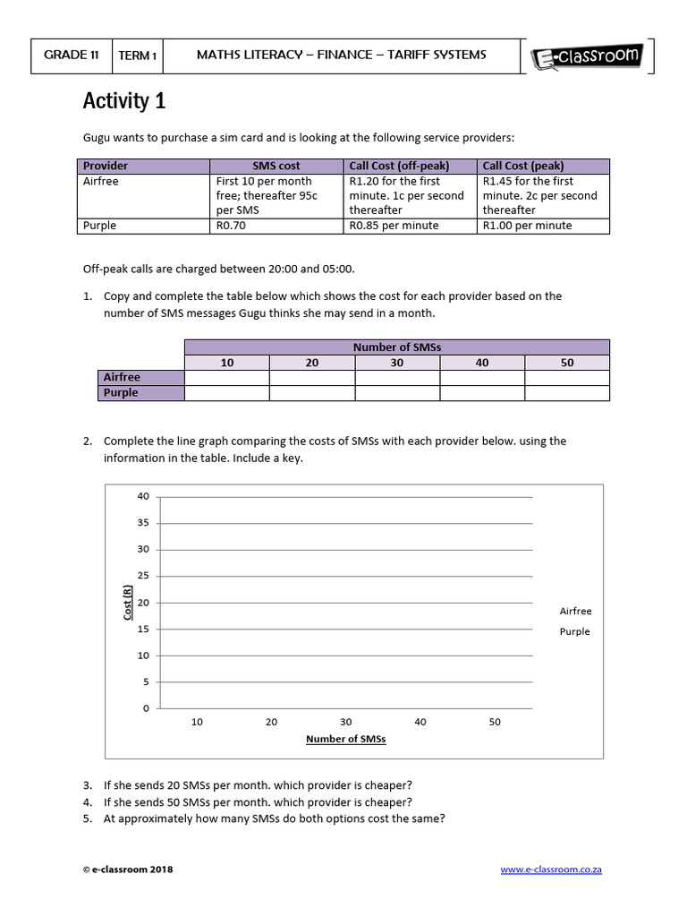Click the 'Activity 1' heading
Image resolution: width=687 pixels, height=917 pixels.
point(124,101)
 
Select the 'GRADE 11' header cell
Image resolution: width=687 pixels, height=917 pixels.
point(72,55)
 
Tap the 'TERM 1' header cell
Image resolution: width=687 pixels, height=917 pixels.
point(138,56)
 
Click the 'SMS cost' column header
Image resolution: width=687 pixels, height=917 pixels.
point(276,166)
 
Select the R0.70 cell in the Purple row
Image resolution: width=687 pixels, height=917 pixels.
point(276,226)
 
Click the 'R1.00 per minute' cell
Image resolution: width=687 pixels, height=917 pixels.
point(543,226)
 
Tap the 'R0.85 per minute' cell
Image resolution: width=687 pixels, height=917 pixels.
point(410,226)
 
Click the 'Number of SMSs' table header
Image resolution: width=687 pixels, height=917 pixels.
point(396,347)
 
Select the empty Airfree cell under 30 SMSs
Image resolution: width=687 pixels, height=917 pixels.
point(396,378)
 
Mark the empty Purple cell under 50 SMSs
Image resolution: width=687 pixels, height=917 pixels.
point(566,393)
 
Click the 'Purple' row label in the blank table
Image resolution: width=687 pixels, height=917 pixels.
point(122,393)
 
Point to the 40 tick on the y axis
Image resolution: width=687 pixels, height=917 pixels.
point(143,496)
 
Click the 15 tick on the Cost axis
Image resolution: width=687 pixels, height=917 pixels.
point(143,629)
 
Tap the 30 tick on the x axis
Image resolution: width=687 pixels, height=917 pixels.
point(346,722)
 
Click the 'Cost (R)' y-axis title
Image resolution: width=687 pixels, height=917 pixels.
point(128,603)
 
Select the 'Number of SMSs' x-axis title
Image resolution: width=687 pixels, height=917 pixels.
point(345,740)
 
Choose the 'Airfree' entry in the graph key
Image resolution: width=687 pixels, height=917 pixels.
point(575,611)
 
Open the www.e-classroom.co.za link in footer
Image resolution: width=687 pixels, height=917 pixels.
point(550,870)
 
